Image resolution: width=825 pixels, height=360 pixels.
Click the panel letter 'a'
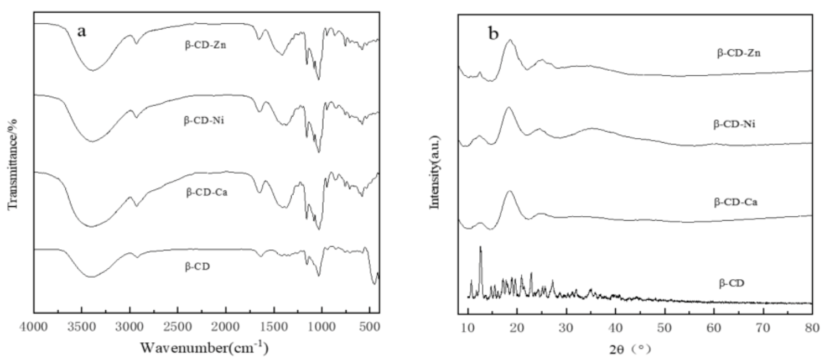81,32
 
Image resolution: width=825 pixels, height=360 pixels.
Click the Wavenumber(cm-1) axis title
204,347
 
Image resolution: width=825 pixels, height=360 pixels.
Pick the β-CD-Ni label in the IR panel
205,119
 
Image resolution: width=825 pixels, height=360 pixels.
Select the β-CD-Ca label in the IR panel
206,194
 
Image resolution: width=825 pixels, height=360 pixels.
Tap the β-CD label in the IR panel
198,266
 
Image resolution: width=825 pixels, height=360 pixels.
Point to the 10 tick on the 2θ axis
468,327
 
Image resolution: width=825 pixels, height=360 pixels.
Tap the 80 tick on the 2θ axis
811,327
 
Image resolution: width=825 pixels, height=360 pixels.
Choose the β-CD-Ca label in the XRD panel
735,201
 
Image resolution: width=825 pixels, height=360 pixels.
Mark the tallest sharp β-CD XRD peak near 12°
480,248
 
